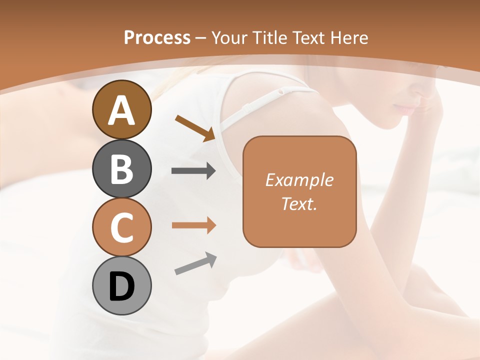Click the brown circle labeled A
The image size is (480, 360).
click(x=121, y=109)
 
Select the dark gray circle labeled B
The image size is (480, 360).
click(x=121, y=168)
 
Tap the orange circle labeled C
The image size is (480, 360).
click(x=121, y=227)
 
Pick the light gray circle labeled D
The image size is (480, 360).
click(x=121, y=286)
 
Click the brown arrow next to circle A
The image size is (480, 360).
click(x=195, y=128)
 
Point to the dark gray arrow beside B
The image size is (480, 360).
click(x=193, y=171)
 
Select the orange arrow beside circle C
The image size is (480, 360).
click(x=193, y=225)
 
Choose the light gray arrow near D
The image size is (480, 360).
click(x=195, y=264)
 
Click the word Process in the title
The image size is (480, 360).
click(x=157, y=37)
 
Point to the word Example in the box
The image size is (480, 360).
click(x=299, y=180)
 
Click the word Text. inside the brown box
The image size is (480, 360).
click(x=299, y=203)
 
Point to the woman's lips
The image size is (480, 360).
click(x=406, y=108)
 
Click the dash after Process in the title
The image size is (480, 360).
click(x=200, y=38)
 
